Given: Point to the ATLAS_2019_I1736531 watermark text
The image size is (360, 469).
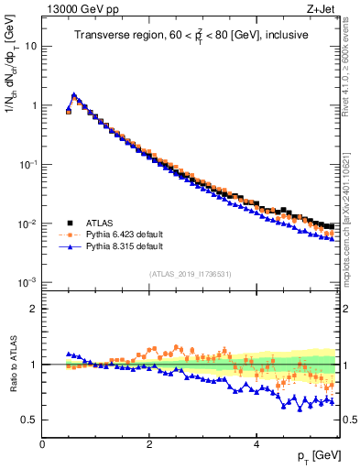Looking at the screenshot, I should (x=191, y=274).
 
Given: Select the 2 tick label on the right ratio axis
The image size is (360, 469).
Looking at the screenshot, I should (x=347, y=309).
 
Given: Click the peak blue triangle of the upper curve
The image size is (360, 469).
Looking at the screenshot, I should (x=74, y=94).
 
